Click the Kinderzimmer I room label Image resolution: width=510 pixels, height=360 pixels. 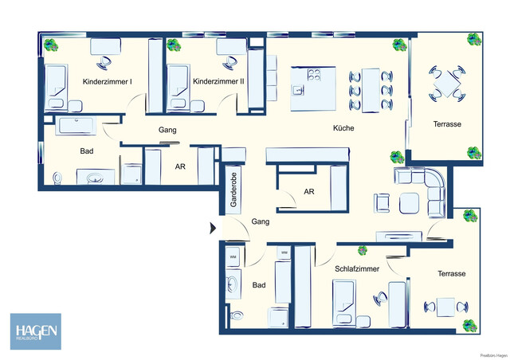click(x=108, y=81)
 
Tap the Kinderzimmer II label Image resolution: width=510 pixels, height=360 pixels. click(x=218, y=81)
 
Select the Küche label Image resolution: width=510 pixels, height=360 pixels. click(x=344, y=127)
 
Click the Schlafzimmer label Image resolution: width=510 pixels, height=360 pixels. click(x=356, y=269)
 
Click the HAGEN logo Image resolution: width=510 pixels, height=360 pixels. click(x=34, y=331)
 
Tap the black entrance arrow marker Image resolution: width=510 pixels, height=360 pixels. click(x=212, y=229)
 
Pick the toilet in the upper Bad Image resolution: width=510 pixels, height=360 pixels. click(x=56, y=177)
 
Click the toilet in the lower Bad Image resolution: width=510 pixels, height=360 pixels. click(x=234, y=315)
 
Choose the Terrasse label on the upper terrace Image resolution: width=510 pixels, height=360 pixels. click(x=448, y=124)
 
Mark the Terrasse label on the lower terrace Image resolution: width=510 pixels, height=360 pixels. click(x=451, y=273)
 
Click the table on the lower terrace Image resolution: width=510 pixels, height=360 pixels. click(x=444, y=306)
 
